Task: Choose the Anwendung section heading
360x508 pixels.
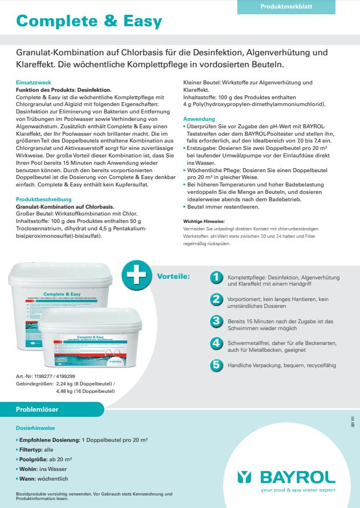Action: click(x=199, y=119)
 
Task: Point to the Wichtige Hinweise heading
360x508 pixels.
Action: click(x=204, y=221)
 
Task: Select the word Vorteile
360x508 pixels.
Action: click(x=173, y=277)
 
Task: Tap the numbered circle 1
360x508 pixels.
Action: click(x=216, y=277)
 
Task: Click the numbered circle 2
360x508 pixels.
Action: click(x=216, y=299)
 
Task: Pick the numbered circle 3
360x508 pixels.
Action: click(x=216, y=321)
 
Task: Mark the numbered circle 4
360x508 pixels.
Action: click(x=216, y=343)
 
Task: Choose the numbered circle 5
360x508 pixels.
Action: click(x=216, y=365)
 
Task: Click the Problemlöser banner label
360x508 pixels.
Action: click(x=38, y=409)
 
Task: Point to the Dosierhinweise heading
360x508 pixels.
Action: click(x=35, y=427)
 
